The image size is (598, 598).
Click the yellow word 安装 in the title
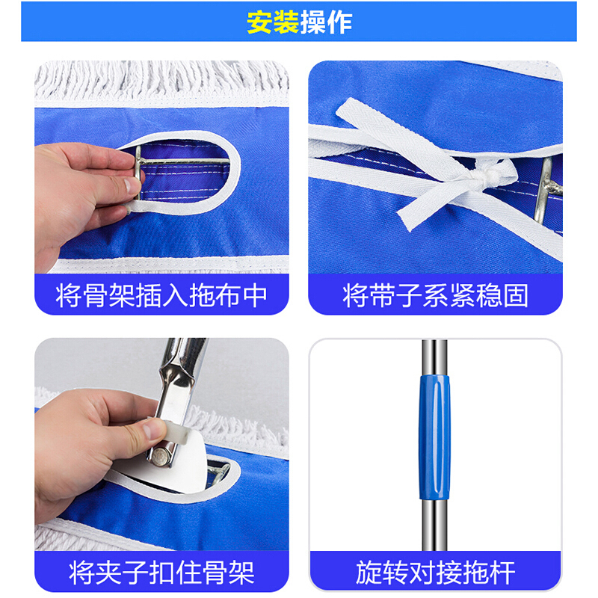pyautogui.click(x=272, y=22)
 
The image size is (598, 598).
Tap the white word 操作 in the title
pyautogui.click(x=326, y=22)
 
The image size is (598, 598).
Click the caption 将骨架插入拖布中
pyautogui.click(x=161, y=295)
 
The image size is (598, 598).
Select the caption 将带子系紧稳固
pyautogui.click(x=435, y=295)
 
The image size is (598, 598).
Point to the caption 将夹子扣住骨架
pyautogui.click(x=161, y=572)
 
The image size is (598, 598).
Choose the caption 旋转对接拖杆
pyautogui.click(x=435, y=572)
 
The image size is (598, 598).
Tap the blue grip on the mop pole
pyautogui.click(x=434, y=437)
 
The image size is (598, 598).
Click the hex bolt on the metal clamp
pyautogui.click(x=161, y=457)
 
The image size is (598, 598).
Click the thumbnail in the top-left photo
pyautogui.click(x=132, y=185)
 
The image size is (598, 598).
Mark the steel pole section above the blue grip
pyautogui.click(x=434, y=357)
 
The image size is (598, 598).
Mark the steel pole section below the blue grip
pyautogui.click(x=434, y=525)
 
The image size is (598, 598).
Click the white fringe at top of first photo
pyautogui.click(x=161, y=80)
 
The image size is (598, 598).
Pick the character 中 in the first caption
pyautogui.click(x=255, y=295)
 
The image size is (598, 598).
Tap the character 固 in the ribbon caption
pyautogui.click(x=516, y=295)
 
